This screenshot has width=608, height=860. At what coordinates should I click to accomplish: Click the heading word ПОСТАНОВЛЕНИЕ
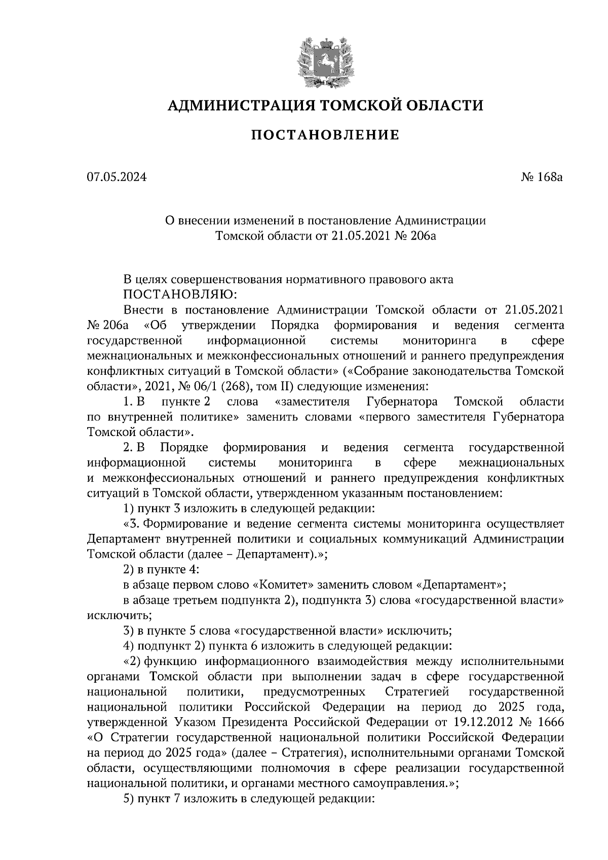coord(325,135)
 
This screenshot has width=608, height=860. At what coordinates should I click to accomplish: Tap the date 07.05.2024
coord(116,177)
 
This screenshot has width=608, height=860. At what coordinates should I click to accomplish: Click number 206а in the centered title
coord(420,236)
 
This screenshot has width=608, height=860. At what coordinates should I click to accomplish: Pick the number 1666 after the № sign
coord(551,721)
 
